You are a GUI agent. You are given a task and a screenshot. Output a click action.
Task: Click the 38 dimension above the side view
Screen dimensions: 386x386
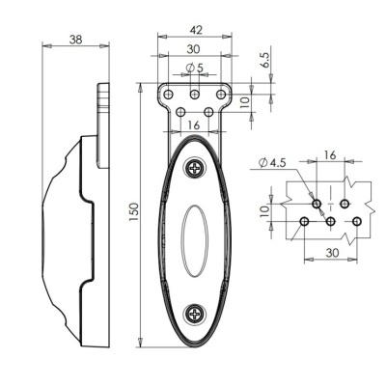75,40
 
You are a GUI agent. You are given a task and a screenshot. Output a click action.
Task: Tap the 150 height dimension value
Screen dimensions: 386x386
134,209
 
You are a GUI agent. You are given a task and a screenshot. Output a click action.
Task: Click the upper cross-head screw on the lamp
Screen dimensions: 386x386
195,167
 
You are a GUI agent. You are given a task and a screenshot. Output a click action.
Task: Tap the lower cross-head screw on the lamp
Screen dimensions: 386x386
195,314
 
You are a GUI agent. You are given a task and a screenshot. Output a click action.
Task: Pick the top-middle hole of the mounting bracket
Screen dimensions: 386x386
195,94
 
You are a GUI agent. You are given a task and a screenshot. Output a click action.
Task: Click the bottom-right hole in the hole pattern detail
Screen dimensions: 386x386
356,222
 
